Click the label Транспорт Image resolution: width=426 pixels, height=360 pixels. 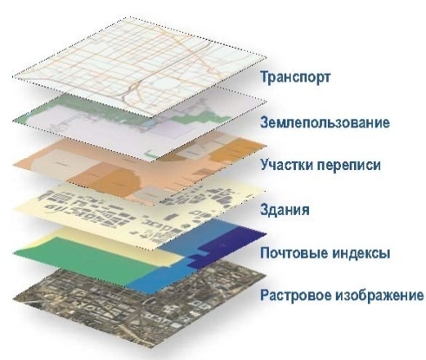point(295,77)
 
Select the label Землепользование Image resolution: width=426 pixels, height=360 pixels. point(324,122)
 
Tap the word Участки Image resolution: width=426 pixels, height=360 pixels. point(286,165)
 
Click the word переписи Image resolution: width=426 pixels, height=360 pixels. point(349,166)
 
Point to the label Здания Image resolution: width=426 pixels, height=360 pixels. point(285,209)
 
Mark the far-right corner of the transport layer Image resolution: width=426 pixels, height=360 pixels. point(266,57)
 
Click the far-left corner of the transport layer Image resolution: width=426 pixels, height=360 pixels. point(13,77)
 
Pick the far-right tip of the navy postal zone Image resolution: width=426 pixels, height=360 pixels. point(266,233)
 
